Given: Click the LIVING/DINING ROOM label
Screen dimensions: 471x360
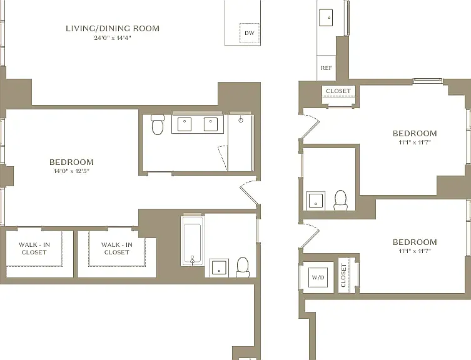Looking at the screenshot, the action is tap(113, 29).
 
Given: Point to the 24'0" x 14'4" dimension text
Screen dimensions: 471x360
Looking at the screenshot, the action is tap(113, 38).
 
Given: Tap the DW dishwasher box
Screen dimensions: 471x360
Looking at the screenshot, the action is tap(250, 33).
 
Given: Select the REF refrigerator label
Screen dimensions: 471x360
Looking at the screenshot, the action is tap(327, 68).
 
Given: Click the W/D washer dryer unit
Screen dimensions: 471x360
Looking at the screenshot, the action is tap(318, 277).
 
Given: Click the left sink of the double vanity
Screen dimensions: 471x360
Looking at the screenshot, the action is tap(185, 124).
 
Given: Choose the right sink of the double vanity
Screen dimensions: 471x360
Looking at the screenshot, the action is tap(211, 124).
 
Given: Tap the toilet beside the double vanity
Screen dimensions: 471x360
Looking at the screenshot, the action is tap(157, 124).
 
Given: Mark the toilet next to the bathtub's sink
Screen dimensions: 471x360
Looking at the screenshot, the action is tap(243, 267).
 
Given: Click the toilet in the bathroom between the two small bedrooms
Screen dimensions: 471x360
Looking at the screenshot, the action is tap(340, 200).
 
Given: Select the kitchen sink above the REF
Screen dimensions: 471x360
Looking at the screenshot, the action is tap(326, 17).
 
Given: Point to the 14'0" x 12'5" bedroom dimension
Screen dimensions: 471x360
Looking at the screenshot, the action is tap(71, 171).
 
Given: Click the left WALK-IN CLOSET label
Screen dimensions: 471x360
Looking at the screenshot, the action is tap(34, 249).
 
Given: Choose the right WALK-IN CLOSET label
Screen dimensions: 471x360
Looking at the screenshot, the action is tap(117, 249).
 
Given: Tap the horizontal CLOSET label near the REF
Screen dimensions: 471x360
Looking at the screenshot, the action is tap(338, 91).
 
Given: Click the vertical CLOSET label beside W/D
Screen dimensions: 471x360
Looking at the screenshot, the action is tap(343, 276).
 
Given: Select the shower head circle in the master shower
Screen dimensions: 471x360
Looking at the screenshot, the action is tap(241, 120).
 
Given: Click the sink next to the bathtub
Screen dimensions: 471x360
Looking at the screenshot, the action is tap(219, 267).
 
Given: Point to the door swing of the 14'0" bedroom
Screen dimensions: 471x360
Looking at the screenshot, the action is tap(248, 192).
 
